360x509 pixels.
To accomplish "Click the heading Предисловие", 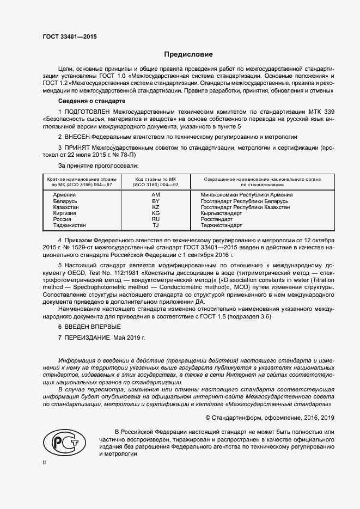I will (x=188, y=54).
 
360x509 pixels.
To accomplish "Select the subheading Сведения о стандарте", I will (x=91, y=101).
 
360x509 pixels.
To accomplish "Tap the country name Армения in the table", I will (x=64, y=194).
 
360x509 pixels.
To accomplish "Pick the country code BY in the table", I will (x=155, y=201).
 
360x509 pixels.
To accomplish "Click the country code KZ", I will (x=155, y=207).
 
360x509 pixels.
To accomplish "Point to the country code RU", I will (x=155, y=219).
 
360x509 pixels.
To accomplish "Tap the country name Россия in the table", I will (x=62, y=219).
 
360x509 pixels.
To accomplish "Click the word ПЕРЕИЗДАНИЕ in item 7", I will (x=88, y=338).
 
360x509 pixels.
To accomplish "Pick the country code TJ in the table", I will (x=155, y=225).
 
